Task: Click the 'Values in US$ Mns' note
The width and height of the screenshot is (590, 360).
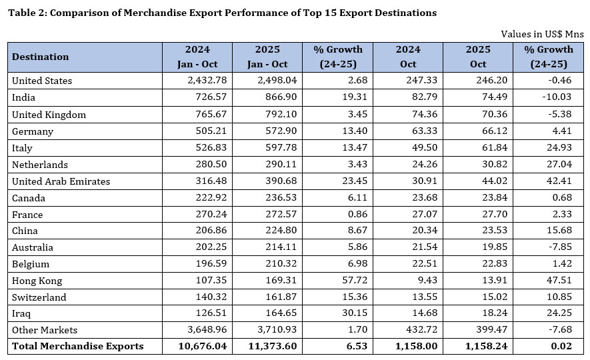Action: [x=542, y=34]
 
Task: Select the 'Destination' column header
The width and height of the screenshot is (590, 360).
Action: [x=41, y=57]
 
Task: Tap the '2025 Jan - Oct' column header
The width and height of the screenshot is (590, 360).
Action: [x=267, y=57]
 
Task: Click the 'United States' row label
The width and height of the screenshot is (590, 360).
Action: [x=42, y=81]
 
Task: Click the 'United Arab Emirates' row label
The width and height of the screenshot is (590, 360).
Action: [x=61, y=181]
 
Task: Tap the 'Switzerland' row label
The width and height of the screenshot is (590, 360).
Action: [x=39, y=297]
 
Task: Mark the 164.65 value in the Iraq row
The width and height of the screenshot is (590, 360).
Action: [x=278, y=314]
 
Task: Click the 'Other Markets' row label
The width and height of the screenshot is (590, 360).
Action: [x=45, y=330]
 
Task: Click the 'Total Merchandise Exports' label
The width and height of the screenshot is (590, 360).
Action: [x=77, y=346]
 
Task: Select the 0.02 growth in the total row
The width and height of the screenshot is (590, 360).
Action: [x=561, y=346]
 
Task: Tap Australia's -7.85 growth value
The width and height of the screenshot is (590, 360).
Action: [x=557, y=247]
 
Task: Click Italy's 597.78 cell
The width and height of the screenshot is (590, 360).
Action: [x=278, y=148]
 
